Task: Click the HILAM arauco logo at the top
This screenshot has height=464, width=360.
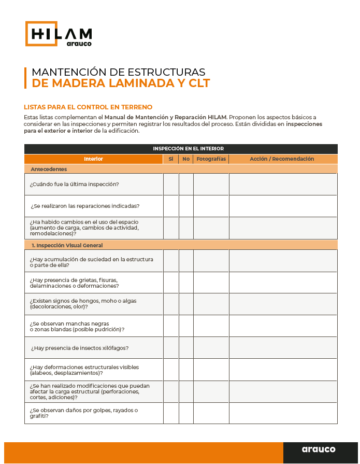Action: pos(59,34)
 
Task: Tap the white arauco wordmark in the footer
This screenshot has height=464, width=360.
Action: pos(318,449)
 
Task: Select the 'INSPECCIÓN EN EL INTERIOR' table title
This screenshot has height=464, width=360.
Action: pos(181,149)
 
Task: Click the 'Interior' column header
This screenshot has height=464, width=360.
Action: pos(94,159)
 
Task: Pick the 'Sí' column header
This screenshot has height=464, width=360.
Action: pos(171,159)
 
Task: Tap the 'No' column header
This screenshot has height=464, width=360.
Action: pos(186,159)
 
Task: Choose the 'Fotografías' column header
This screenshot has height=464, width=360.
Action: pos(211,159)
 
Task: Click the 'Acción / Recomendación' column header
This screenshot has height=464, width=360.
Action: pos(282,159)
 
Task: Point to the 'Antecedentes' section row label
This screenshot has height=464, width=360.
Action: pos(49,169)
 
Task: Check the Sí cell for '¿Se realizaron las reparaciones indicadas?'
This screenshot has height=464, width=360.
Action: pos(171,206)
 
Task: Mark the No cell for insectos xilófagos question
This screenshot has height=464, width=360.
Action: pos(186,348)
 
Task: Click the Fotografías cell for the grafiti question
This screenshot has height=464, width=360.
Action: pos(211,413)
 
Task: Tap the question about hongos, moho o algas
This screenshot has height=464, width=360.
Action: pos(83,304)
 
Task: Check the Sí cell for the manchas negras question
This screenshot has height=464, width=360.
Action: pos(171,326)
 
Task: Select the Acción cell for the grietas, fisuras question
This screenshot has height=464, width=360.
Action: pos(282,283)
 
